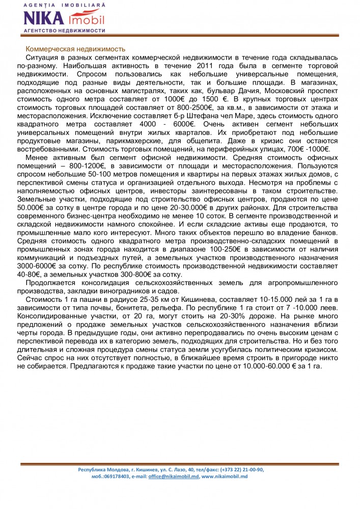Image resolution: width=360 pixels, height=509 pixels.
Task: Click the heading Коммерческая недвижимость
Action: coord(75,49)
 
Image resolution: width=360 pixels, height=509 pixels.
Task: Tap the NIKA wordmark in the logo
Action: coord(44,18)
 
